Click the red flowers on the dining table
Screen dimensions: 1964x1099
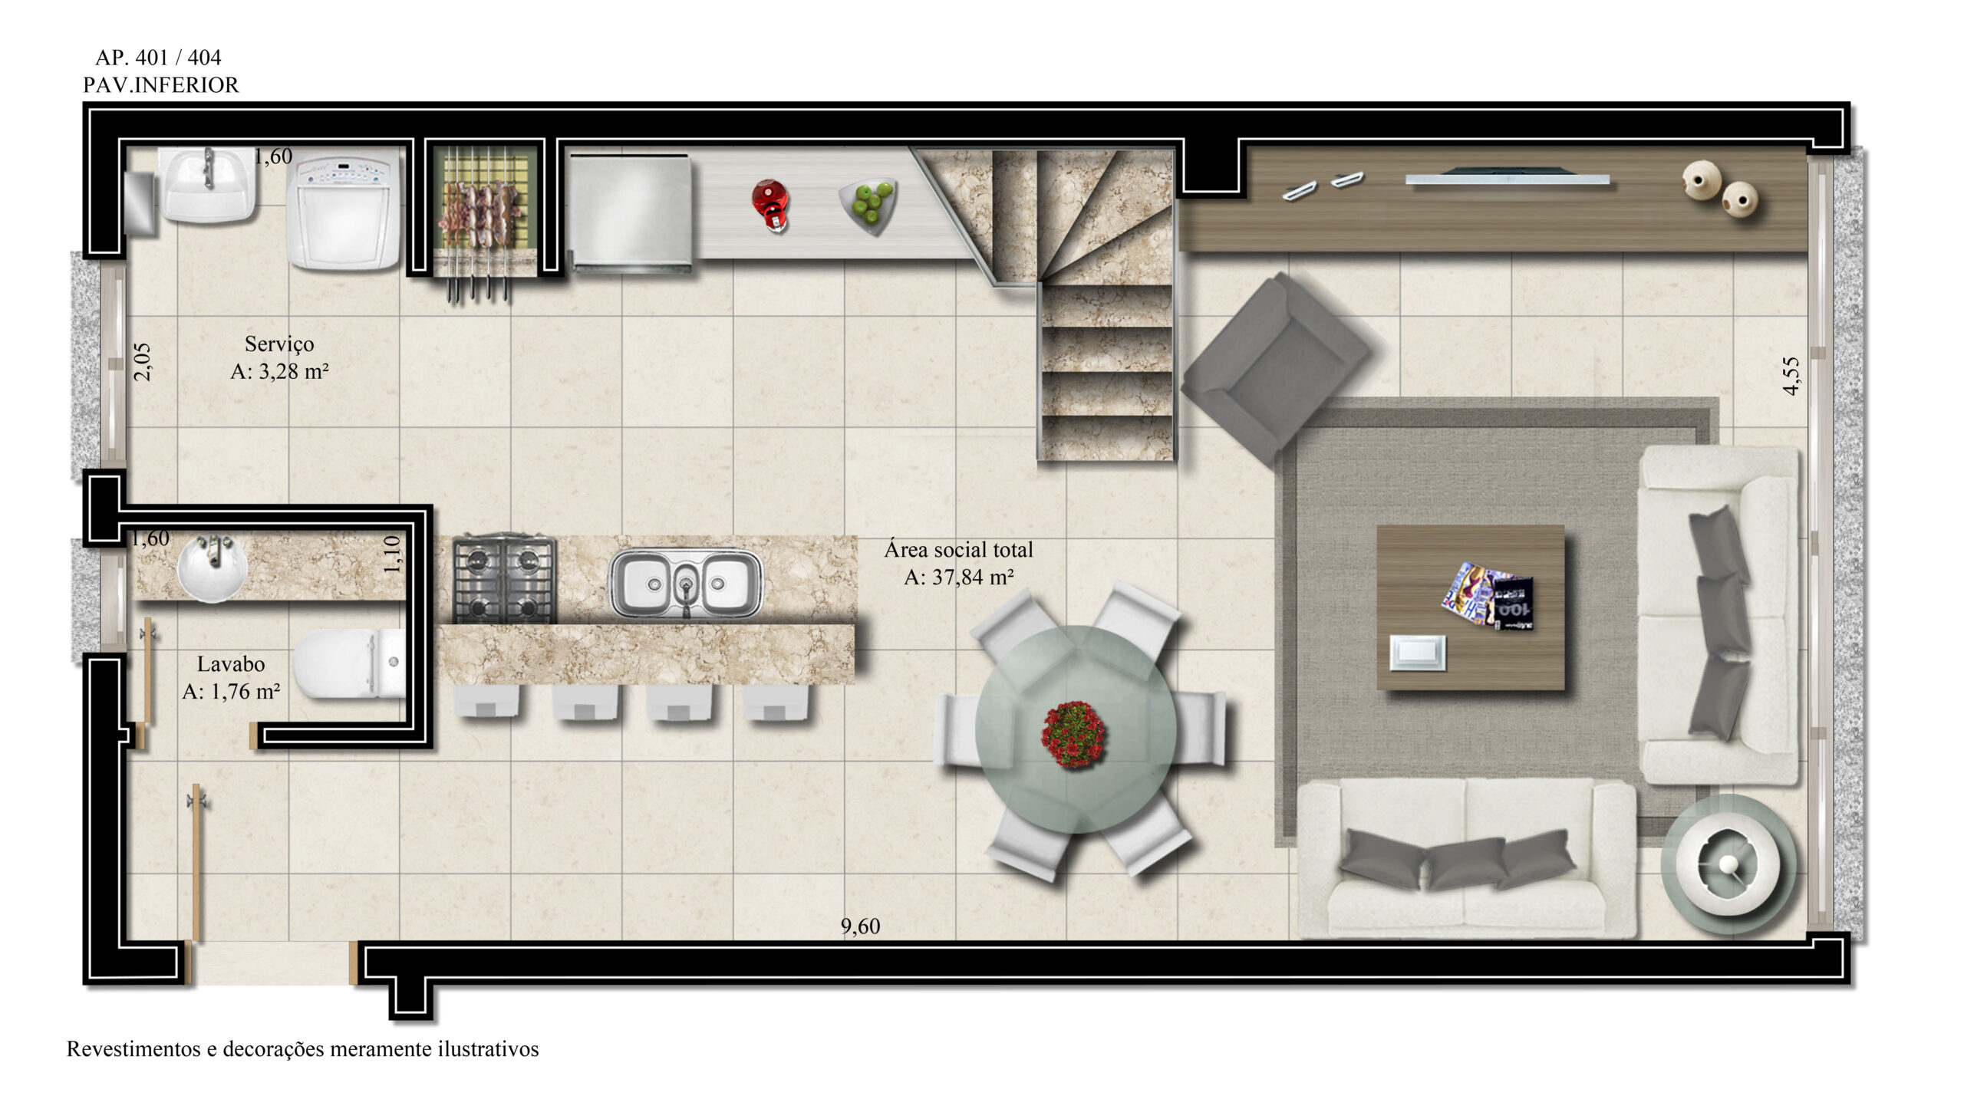(x=1073, y=734)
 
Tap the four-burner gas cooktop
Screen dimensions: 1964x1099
(x=504, y=578)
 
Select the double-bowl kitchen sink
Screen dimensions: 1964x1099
(x=686, y=583)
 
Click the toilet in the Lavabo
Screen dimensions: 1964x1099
(x=349, y=664)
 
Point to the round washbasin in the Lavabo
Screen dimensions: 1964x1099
(x=212, y=568)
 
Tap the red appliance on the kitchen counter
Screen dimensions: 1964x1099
(x=769, y=204)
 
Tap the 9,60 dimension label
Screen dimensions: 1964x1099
(x=860, y=926)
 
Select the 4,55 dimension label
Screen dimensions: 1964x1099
(x=1791, y=376)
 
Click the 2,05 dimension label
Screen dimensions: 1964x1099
(x=143, y=361)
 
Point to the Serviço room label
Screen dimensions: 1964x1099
(x=279, y=344)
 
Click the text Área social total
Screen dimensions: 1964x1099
(x=958, y=550)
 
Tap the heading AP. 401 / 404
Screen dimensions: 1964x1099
(x=158, y=58)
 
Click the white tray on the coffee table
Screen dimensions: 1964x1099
(x=1418, y=653)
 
